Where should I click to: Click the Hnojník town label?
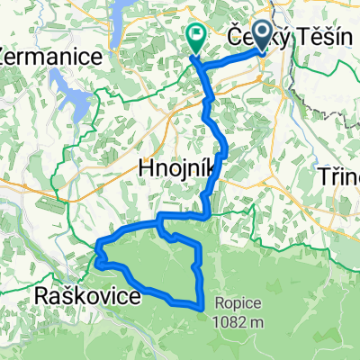pyautogui.click(x=176, y=166)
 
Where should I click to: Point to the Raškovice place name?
pyautogui.click(x=86, y=296)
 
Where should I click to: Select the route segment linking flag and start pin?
pyautogui.click(x=229, y=62)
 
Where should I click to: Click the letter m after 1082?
pyautogui.click(x=257, y=322)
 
